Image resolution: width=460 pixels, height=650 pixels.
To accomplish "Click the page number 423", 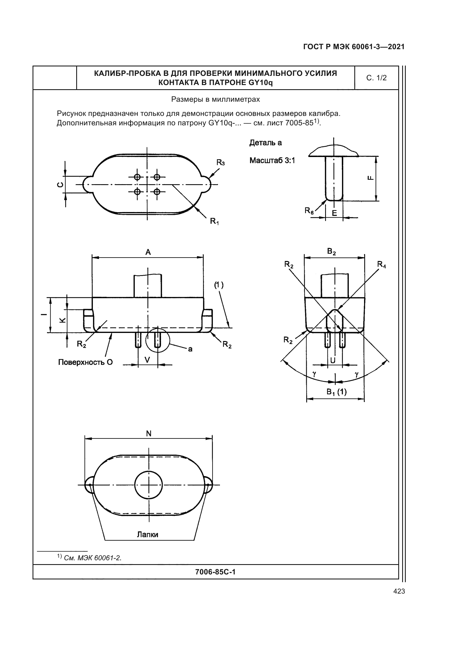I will point(399,591).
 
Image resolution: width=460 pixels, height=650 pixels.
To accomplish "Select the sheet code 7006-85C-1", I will point(215,572).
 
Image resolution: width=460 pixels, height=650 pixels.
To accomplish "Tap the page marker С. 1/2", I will point(376,78).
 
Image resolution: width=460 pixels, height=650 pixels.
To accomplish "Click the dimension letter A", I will point(148,252).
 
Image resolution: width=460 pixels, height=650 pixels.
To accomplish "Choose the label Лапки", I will point(147,534).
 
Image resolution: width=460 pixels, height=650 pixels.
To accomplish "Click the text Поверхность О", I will point(85,362).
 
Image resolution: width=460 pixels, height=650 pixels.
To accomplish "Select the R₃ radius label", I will point(220,163).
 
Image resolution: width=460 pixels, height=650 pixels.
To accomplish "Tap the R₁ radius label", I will point(214,221).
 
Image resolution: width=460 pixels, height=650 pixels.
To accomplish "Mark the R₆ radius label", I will point(309,211).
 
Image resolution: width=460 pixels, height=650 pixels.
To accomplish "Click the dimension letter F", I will point(370,178).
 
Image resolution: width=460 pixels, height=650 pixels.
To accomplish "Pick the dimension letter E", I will point(334,213).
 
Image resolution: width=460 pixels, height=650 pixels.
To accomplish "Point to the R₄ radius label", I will point(381,265).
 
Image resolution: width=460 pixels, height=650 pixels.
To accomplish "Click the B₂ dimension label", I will point(331,251).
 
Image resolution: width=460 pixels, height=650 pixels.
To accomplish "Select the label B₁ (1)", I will point(336,392).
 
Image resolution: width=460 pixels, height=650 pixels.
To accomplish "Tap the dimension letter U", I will point(333,360).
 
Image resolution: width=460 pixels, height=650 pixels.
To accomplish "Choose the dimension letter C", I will point(60,185).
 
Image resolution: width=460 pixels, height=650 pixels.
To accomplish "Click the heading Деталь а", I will point(265,143).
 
